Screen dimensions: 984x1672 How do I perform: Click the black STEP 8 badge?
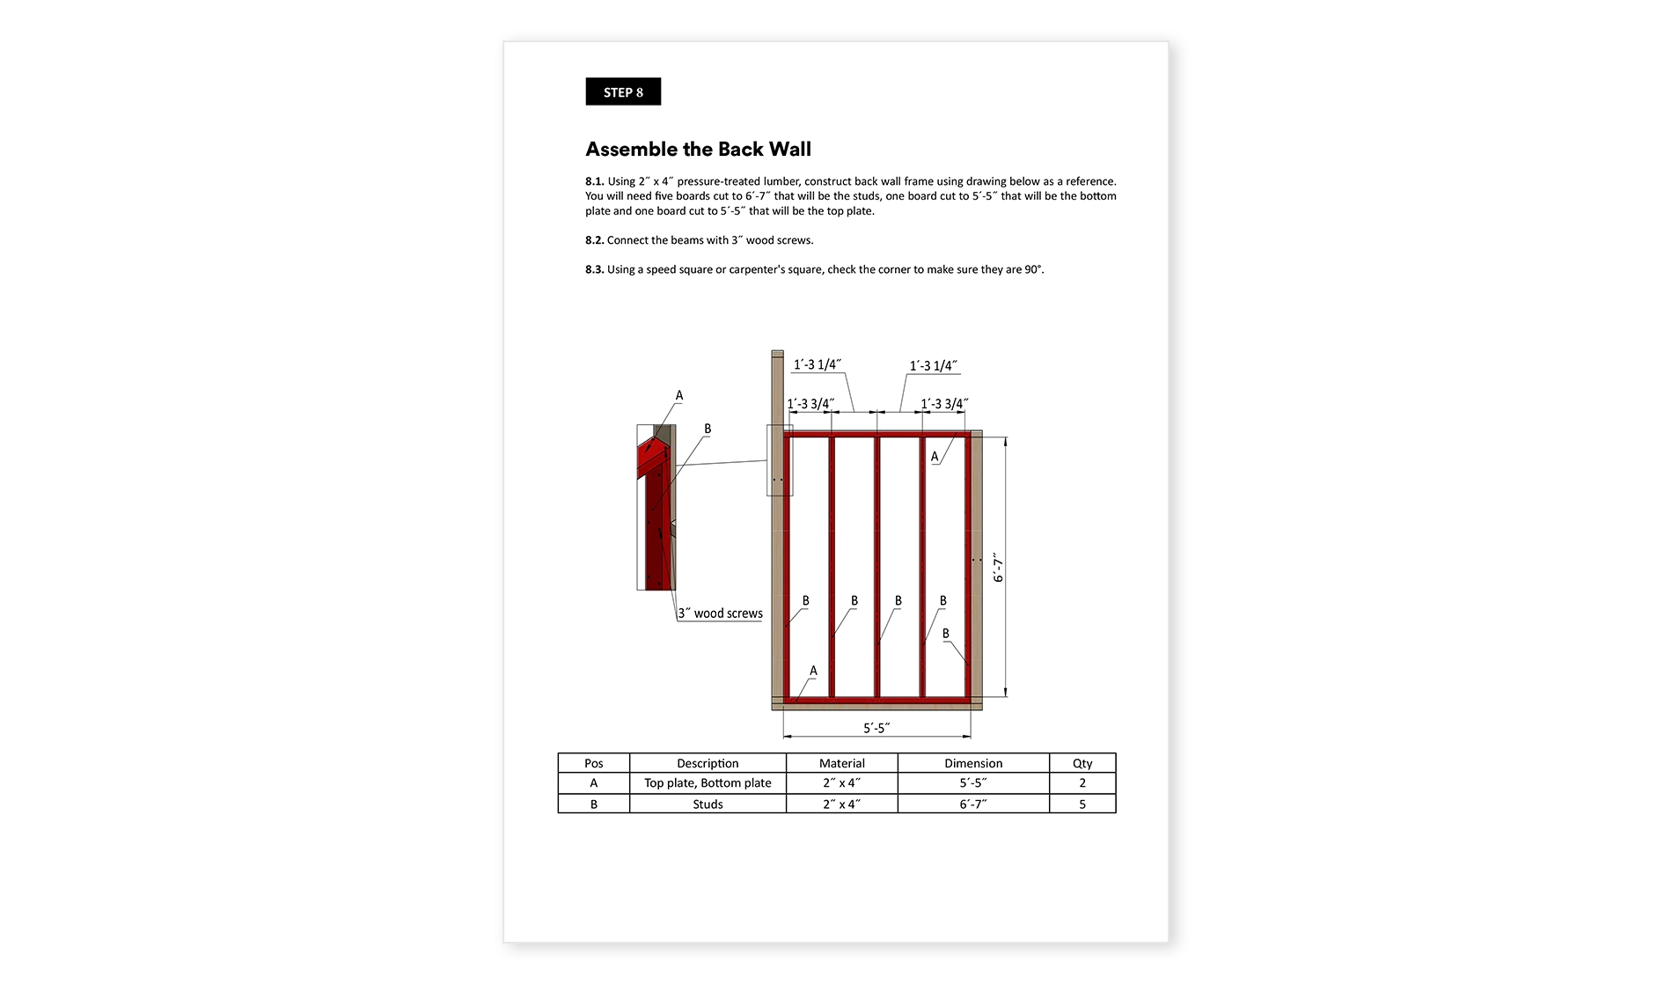pyautogui.click(x=623, y=92)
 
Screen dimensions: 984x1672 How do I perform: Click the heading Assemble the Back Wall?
pyautogui.click(x=698, y=150)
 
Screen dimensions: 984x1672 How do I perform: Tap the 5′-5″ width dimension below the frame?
pyautogui.click(x=876, y=728)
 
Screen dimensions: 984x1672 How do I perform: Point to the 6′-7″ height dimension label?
pyautogui.click(x=998, y=569)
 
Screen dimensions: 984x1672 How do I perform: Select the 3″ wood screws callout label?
pyautogui.click(x=720, y=613)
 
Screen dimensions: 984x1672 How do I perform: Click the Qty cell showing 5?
pyautogui.click(x=1082, y=804)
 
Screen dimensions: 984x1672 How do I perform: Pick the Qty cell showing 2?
pyautogui.click(x=1082, y=782)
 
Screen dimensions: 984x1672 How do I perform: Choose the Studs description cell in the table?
pyautogui.click(x=708, y=804)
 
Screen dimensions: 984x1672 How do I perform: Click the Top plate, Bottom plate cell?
pyautogui.click(x=708, y=782)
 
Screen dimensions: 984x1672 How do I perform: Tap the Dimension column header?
pyautogui.click(x=973, y=763)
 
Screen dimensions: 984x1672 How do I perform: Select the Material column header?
pyautogui.click(x=841, y=763)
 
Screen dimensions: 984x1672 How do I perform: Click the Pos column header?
pyautogui.click(x=594, y=763)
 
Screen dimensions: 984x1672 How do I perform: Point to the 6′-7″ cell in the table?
pyautogui.click(x=973, y=804)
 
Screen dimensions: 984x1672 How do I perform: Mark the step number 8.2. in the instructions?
pyautogui.click(x=595, y=240)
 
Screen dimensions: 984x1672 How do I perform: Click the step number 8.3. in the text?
pyautogui.click(x=595, y=269)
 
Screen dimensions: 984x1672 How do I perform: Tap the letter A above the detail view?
pyautogui.click(x=679, y=396)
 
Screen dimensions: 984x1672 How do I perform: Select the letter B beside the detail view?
pyautogui.click(x=708, y=429)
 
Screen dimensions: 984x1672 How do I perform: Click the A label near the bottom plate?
pyautogui.click(x=813, y=671)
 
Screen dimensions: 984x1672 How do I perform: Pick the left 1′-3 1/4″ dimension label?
pyautogui.click(x=817, y=364)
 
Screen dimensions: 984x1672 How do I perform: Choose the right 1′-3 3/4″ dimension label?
pyautogui.click(x=943, y=404)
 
